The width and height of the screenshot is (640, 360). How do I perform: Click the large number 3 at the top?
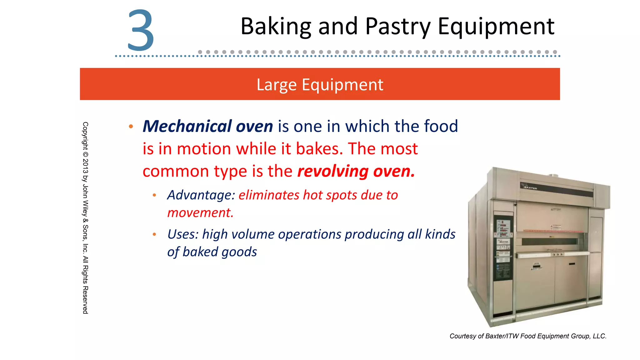point(141,30)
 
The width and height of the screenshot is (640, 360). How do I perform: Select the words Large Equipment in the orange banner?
point(320,84)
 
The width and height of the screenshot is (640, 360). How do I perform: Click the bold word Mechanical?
point(187,126)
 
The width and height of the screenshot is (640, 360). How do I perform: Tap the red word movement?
point(200,213)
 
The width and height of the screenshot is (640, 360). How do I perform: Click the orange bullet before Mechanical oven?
point(131,127)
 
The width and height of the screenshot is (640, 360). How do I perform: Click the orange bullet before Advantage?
point(154,196)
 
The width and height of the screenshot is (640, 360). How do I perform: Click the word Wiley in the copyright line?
point(85,208)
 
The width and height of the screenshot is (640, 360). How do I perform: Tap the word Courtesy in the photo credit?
point(462,336)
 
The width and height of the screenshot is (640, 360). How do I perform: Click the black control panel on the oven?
point(503,247)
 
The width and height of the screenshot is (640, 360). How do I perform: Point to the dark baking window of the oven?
point(550,242)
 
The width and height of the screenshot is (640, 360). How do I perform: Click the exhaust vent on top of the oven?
point(553,175)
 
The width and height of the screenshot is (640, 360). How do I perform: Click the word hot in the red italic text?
point(314,195)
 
